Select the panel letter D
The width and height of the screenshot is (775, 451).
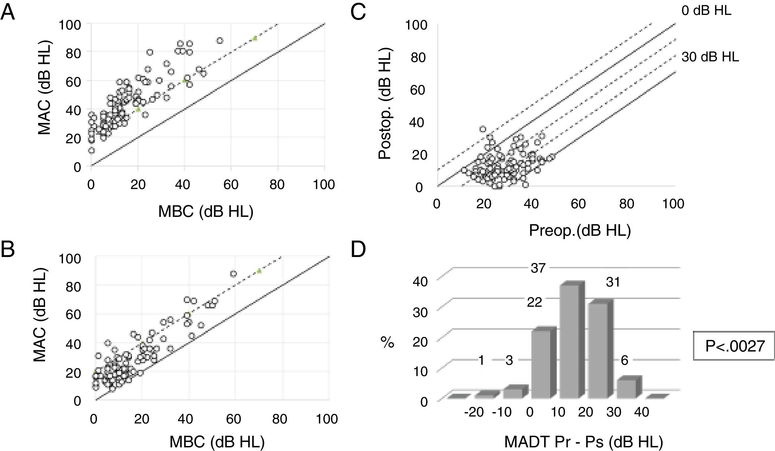(x=358, y=249)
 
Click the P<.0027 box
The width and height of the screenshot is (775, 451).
(x=734, y=346)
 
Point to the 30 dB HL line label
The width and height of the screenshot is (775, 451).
(x=710, y=57)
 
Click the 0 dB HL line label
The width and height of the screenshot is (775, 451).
(x=706, y=11)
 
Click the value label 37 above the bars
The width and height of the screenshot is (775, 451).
(x=538, y=268)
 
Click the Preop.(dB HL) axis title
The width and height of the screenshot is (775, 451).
(x=580, y=230)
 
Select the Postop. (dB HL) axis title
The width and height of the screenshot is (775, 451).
(x=385, y=103)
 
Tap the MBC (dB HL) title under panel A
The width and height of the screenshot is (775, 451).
(x=206, y=211)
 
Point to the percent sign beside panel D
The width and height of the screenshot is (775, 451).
(x=387, y=342)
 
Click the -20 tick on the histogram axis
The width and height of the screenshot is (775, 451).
(x=474, y=412)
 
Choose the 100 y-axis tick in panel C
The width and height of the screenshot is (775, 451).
(x=416, y=25)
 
